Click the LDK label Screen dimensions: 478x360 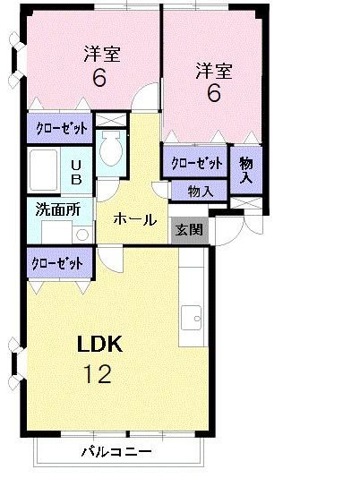[99, 345]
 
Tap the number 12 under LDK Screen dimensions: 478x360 [98, 374]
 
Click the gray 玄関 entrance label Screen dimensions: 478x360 [189, 229]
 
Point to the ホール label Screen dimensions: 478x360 [135, 219]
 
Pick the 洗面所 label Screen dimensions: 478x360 [57, 211]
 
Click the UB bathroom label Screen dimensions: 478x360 [77, 171]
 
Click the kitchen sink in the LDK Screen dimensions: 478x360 [193, 316]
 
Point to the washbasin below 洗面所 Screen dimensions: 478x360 [81, 235]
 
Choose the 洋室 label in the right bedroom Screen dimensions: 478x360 [213, 71]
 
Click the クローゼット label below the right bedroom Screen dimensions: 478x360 [196, 163]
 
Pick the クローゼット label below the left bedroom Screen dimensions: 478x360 [61, 128]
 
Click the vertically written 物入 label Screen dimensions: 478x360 [246, 169]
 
